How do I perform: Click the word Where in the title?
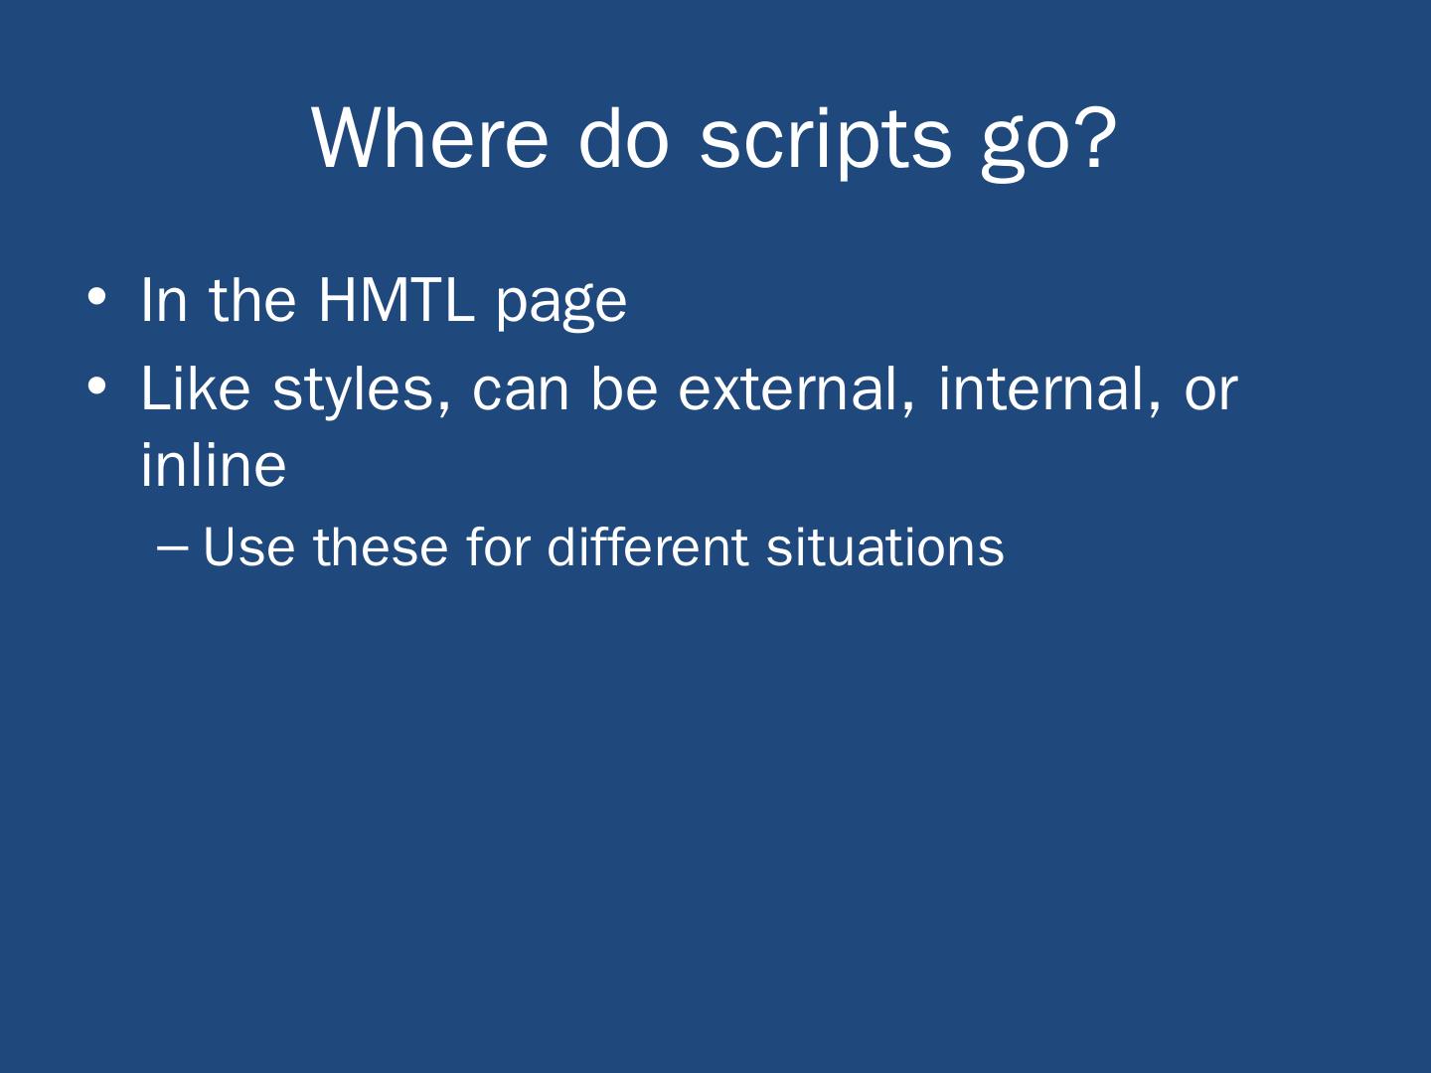[429, 139]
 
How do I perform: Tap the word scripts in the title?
[826, 143]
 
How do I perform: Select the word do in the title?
[624, 138]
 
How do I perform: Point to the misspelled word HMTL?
[396, 300]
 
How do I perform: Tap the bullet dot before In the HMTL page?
[96, 297]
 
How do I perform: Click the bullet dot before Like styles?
[96, 385]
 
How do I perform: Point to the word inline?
[214, 465]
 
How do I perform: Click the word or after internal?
[1210, 395]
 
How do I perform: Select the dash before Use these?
[172, 549]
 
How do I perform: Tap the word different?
[647, 545]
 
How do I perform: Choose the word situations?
[885, 546]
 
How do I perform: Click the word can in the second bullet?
[521, 395]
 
